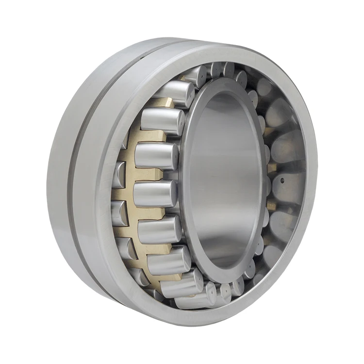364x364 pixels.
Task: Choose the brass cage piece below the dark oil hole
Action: [272, 206]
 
